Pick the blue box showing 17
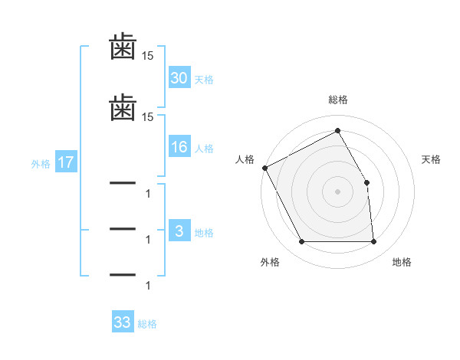point(65,162)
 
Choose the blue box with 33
point(123,322)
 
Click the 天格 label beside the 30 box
point(204,80)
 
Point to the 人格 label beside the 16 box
point(204,149)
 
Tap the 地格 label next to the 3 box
point(204,233)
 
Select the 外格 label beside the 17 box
point(41,164)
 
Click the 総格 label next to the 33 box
point(147,324)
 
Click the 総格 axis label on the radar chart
point(338,100)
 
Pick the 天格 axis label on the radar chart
point(431,159)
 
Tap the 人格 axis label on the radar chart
point(245,159)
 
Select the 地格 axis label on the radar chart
point(402,262)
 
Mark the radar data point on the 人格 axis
point(264,168)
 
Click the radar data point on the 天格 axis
point(366,182)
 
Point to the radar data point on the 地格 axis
point(373,242)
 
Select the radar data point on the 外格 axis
point(302,242)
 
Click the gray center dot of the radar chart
point(337,191)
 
